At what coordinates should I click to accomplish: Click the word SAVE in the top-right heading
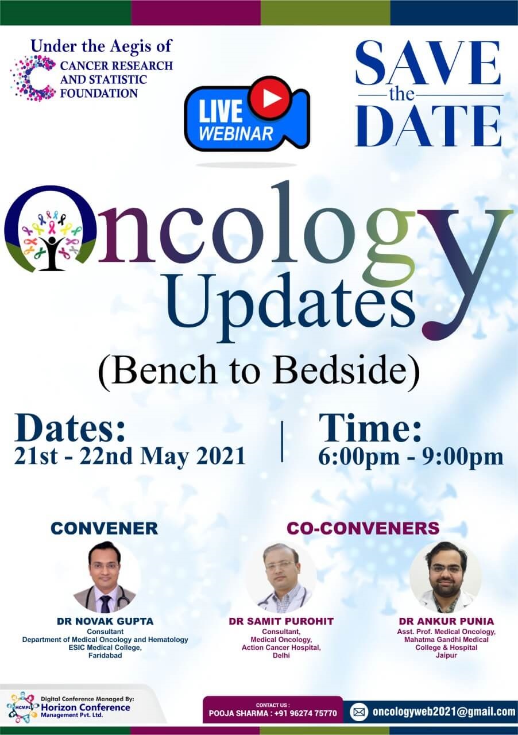(x=428, y=64)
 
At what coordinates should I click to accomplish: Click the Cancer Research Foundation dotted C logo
(x=32, y=77)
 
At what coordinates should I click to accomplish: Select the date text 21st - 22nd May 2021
(x=130, y=456)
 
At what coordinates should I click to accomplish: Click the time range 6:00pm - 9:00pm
(x=411, y=457)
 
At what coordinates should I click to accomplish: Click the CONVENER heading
(x=105, y=528)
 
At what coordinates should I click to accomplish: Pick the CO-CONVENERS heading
(x=363, y=528)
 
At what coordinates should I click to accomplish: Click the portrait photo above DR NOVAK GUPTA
(x=105, y=577)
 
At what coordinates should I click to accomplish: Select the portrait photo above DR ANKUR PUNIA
(x=446, y=577)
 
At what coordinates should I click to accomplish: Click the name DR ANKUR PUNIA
(x=446, y=621)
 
